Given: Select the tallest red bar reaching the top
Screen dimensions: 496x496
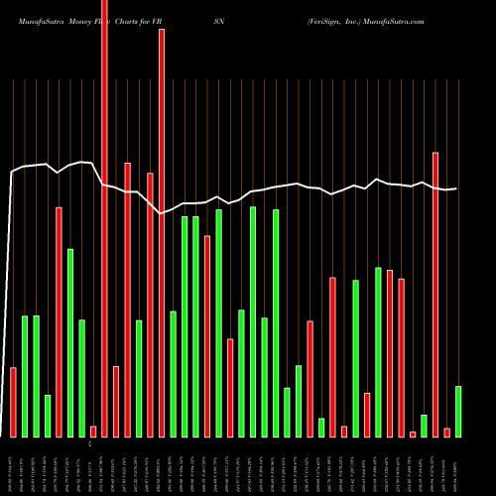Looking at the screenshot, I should coord(104,218).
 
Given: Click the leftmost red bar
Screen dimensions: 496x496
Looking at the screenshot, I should coord(13,402).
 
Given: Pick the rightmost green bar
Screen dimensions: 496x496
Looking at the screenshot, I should coord(458,411).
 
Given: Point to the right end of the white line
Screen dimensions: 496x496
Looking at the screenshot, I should coord(456,188).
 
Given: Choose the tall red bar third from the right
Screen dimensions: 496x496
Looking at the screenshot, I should coord(435,294).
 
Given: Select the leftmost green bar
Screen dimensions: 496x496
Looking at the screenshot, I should coord(25,376).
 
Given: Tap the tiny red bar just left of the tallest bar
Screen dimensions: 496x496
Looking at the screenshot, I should coord(93,432).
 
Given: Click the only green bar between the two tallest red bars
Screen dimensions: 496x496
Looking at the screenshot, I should coord(139,378).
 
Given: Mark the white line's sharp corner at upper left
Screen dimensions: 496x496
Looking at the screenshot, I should coord(12,173).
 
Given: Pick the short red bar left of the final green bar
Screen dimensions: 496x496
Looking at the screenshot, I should coord(446,432).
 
